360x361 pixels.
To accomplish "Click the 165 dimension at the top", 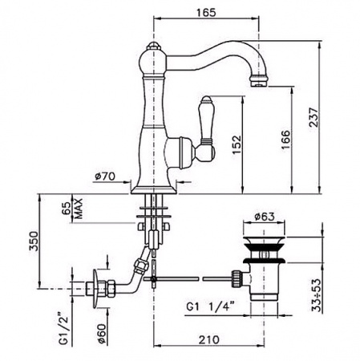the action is point(206,12).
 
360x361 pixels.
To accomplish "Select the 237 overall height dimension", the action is point(313,117).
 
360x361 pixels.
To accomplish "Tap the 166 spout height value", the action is point(285,140).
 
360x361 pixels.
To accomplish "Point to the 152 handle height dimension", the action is point(237,144).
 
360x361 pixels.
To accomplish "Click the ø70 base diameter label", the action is point(105,176).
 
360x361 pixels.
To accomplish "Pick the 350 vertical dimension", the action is point(34,241).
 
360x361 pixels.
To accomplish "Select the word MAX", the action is point(79,209).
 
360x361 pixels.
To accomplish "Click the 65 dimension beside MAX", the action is point(67,208).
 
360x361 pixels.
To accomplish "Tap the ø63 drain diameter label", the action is point(265,217).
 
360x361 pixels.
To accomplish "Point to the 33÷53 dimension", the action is point(316,295).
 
